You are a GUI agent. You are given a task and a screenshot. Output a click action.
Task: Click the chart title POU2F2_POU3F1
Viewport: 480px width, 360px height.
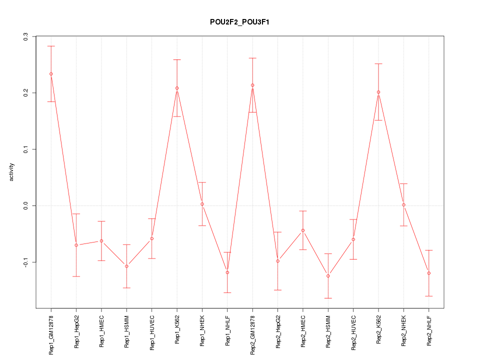(240, 22)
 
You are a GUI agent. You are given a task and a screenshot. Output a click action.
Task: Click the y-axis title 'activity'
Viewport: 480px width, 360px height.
(12, 172)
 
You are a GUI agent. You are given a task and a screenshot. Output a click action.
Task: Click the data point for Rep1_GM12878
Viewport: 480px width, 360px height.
(51, 74)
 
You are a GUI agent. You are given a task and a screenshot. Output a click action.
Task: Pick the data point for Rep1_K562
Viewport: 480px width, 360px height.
(177, 88)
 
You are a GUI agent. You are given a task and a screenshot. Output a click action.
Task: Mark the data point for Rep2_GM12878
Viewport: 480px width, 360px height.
(252, 85)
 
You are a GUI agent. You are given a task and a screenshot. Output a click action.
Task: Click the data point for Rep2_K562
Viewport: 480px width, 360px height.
(378, 92)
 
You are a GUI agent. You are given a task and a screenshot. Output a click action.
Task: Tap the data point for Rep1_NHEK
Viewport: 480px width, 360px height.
(202, 204)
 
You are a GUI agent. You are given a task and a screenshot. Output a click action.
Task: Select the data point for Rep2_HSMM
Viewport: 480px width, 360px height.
(328, 276)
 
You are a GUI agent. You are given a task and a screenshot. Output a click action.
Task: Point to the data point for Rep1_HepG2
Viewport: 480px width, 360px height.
(76, 245)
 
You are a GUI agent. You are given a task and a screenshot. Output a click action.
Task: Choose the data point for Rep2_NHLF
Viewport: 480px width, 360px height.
(429, 273)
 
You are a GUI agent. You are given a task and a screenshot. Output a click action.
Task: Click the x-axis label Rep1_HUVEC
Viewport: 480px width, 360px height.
(152, 331)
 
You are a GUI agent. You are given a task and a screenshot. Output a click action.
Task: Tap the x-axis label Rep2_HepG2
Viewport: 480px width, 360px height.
(278, 331)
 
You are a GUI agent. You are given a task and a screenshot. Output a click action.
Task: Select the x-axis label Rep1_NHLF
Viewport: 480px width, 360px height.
(227, 330)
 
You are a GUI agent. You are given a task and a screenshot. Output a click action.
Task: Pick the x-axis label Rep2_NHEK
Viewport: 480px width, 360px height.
(404, 330)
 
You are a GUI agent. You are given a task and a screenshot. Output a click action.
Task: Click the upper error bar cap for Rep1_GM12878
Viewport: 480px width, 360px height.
(51, 46)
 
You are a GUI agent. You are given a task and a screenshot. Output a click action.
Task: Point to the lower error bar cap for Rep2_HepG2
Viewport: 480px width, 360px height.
(278, 290)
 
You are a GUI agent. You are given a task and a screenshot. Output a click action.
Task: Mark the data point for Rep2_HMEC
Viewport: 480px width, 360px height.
(303, 230)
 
